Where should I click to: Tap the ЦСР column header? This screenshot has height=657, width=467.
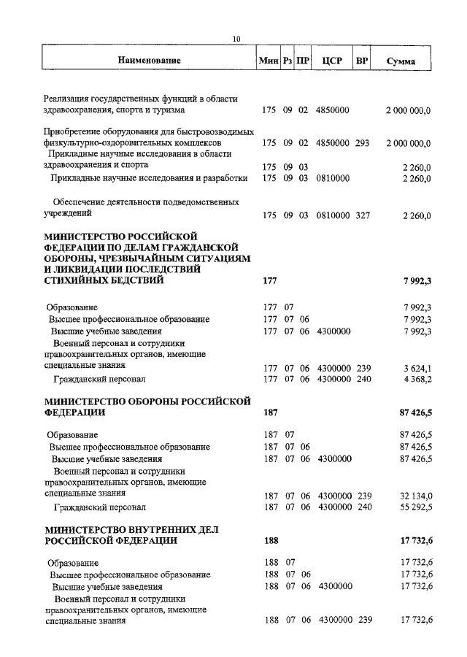[332, 61]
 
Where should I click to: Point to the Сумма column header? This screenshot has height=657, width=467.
[401, 62]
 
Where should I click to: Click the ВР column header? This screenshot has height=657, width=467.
[361, 61]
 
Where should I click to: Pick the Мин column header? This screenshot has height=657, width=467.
[268, 61]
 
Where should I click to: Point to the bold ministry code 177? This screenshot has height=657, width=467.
[269, 280]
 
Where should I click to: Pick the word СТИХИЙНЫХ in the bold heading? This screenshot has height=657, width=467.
[78, 280]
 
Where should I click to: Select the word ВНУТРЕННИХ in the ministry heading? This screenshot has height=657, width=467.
[146, 529]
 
